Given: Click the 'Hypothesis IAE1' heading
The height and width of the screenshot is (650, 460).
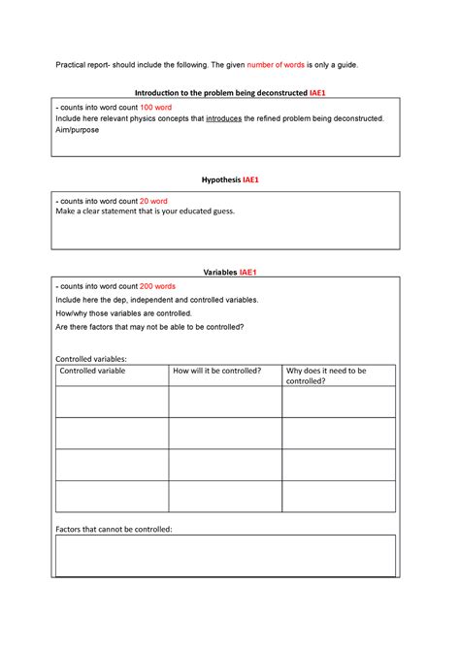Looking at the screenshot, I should tap(229, 180).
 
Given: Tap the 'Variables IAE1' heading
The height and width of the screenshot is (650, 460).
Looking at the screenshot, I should tap(229, 273).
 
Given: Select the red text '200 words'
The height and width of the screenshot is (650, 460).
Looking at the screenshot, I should tap(157, 287).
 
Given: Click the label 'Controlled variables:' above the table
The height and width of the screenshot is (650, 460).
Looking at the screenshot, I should tap(91, 358).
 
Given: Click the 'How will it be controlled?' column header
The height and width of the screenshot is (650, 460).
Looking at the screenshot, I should tap(216, 371).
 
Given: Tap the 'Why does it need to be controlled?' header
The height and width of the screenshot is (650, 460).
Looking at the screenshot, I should tap(326, 375).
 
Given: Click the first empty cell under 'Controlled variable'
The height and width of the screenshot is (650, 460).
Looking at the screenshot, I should tap(112, 402).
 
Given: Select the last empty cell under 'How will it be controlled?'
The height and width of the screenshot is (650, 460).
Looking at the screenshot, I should tap(225, 496).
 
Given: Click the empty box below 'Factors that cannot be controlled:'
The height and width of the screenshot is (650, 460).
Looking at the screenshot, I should tap(225, 556).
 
